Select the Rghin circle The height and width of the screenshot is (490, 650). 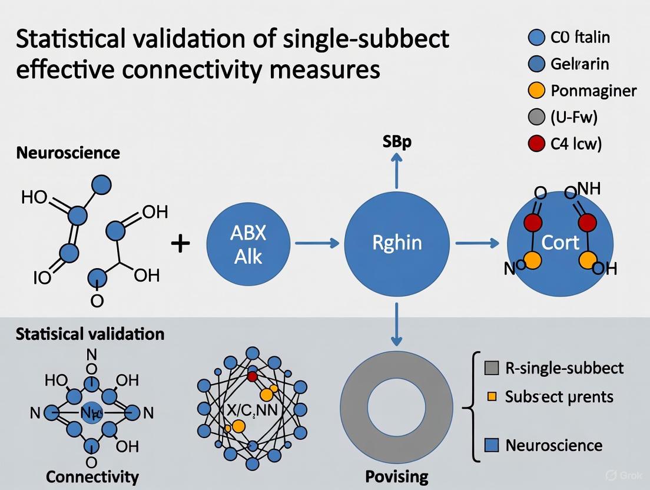397,243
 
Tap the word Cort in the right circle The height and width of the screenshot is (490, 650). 560,242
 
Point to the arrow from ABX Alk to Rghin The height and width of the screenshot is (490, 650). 316,243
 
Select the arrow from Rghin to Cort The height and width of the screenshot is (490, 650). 477,243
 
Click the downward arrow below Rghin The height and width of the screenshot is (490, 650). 397,323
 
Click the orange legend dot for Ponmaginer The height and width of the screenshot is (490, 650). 536,91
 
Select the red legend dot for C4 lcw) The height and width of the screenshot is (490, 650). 536,144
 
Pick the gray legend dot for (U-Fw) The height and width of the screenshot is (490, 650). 536,117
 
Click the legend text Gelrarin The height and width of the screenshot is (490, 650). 580,64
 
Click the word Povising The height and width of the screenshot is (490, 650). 397,475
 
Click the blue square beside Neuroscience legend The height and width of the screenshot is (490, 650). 491,445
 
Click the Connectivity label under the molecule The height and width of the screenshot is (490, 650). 92,476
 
